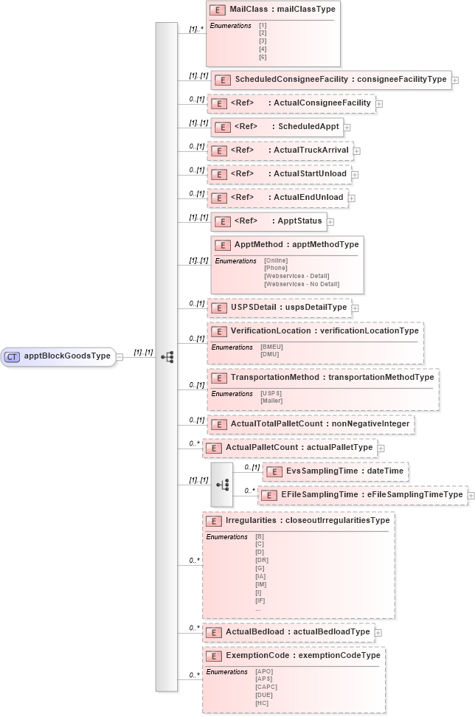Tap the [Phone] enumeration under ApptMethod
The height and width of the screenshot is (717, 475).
275,268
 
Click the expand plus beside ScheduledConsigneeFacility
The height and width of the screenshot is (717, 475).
455,80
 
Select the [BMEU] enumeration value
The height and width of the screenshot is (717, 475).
271,347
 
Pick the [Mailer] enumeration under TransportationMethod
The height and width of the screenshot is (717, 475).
271,401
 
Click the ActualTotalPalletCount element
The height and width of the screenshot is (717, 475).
310,424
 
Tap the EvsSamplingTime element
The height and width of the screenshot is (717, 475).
336,471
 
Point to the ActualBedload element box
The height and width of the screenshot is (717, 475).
288,631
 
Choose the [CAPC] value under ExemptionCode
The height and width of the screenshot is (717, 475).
266,687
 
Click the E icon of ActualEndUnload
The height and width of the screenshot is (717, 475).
218,198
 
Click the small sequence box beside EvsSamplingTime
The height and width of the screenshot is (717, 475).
222,485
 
